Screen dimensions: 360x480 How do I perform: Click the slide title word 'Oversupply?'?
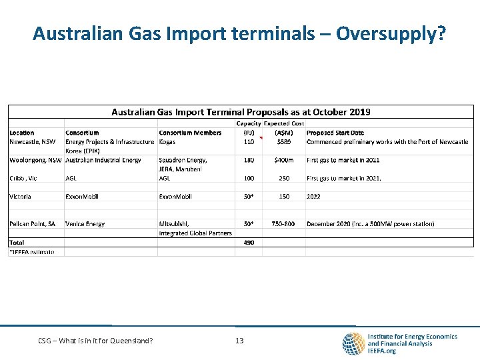coord(391,33)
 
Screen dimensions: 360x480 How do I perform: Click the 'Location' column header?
coord(22,133)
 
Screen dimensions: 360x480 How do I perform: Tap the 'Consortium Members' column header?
coord(190,133)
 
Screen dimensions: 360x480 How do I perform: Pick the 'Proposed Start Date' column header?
coord(335,133)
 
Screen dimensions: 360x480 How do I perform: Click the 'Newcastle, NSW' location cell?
coord(33,141)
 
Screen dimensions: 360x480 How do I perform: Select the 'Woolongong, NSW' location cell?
coord(35,160)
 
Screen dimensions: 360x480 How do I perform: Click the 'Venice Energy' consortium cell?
coord(85,224)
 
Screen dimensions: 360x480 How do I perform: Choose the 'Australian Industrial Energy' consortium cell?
coord(103,160)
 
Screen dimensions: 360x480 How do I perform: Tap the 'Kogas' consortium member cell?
coord(167,141)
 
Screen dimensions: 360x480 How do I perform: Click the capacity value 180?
coord(249,160)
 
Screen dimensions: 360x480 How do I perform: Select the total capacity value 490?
coord(249,243)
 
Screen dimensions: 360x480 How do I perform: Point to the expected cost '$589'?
coord(285,141)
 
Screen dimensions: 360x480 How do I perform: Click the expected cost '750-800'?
coord(283,224)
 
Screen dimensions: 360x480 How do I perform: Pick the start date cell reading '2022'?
coord(313,197)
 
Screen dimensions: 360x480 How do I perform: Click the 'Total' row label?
coord(17,243)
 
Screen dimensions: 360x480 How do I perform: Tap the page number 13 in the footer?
coord(239,341)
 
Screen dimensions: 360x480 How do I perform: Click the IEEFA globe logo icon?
coord(353,343)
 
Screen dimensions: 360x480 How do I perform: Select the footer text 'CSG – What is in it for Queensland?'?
coord(95,341)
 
